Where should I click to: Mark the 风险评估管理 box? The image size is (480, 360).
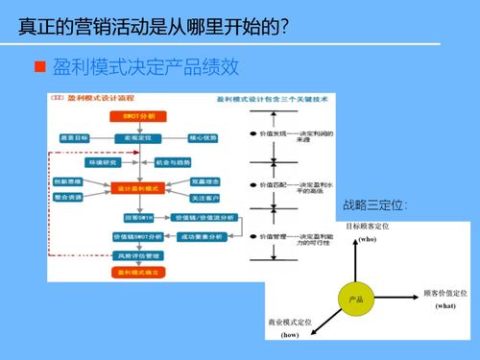(x=140, y=255)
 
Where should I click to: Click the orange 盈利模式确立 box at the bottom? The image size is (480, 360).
(x=140, y=273)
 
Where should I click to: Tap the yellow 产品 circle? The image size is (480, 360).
(x=356, y=300)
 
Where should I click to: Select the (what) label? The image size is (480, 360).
(x=444, y=305)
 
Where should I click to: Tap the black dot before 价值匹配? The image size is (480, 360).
(x=251, y=184)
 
